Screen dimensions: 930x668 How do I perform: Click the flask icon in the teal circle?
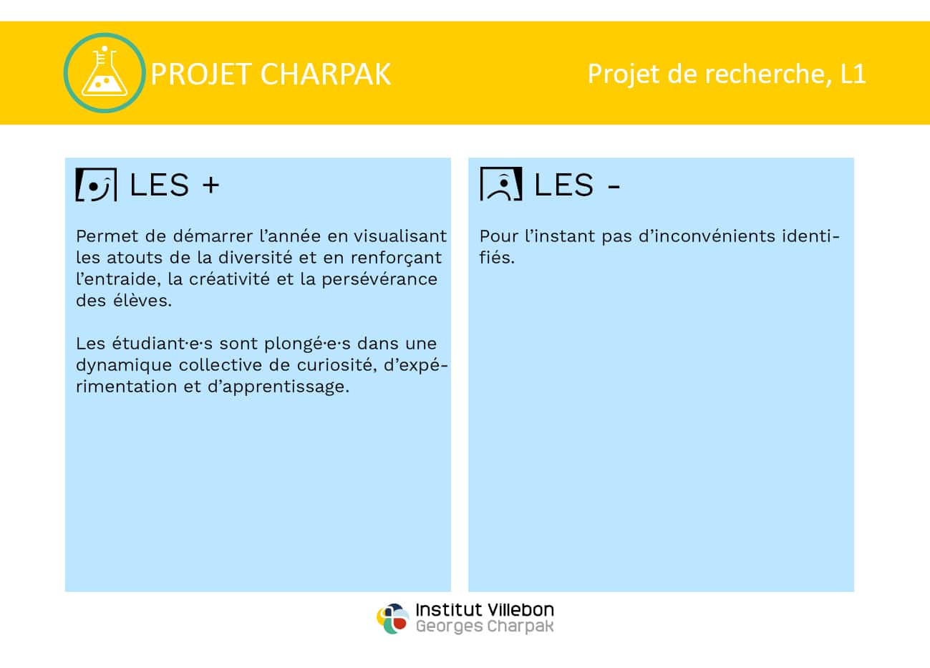click(x=105, y=72)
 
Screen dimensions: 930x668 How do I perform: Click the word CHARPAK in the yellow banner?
click(x=326, y=74)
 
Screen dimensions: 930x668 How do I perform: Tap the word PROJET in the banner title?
click(x=201, y=74)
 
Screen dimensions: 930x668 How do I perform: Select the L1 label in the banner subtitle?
click(x=853, y=74)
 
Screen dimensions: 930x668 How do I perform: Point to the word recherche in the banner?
click(x=765, y=74)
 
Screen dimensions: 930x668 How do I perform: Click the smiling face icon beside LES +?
click(x=97, y=184)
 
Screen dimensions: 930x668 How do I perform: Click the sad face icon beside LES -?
click(x=501, y=184)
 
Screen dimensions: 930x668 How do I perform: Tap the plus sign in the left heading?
click(x=211, y=185)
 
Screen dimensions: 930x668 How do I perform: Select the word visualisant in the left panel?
click(x=400, y=236)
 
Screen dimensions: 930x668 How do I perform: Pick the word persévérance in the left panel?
click(x=379, y=279)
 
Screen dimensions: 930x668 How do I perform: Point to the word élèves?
click(x=142, y=301)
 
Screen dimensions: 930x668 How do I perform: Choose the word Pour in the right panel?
click(x=498, y=236)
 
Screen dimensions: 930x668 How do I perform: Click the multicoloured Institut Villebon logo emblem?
click(x=393, y=619)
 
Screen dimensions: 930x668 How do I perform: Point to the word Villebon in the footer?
click(x=520, y=610)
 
